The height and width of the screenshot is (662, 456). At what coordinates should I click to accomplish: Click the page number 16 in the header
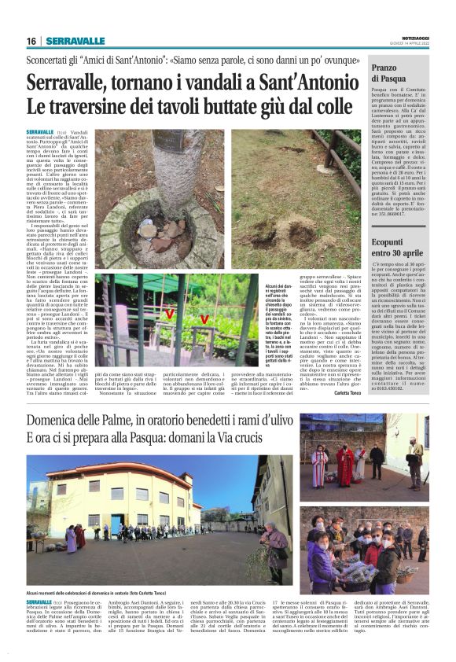(x=32, y=41)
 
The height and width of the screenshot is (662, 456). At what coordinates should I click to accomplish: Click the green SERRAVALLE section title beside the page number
(x=75, y=41)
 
